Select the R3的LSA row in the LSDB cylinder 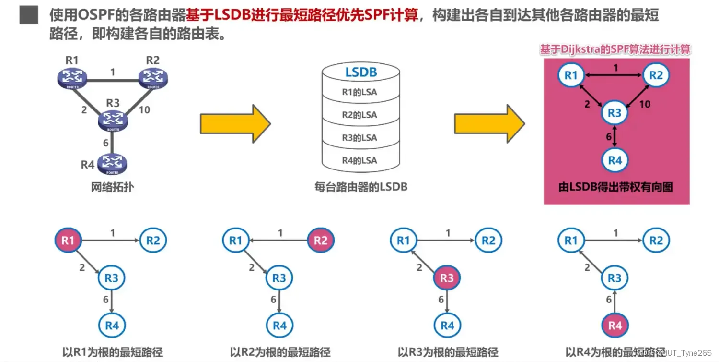pyautogui.click(x=359, y=138)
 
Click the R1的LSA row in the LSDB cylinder pyautogui.click(x=359, y=92)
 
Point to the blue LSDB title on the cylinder pyautogui.click(x=361, y=72)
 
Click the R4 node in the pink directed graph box pyautogui.click(x=615, y=160)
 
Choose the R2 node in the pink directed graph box pyautogui.click(x=656, y=75)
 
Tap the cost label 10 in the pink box pyautogui.click(x=645, y=104)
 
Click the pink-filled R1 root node pyautogui.click(x=68, y=241)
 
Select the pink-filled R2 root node pyautogui.click(x=320, y=241)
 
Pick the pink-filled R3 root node pyautogui.click(x=447, y=278)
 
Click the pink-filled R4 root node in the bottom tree pyautogui.click(x=615, y=326)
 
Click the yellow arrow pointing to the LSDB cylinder pyautogui.click(x=235, y=124)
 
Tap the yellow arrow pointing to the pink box pyautogui.click(x=489, y=124)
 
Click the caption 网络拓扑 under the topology pyautogui.click(x=112, y=187)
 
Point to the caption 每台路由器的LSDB pyautogui.click(x=360, y=187)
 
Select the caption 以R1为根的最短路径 pyautogui.click(x=113, y=352)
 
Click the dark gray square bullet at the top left pyautogui.click(x=29, y=15)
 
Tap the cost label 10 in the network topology pyautogui.click(x=144, y=110)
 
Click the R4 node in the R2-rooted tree pyautogui.click(x=279, y=326)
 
